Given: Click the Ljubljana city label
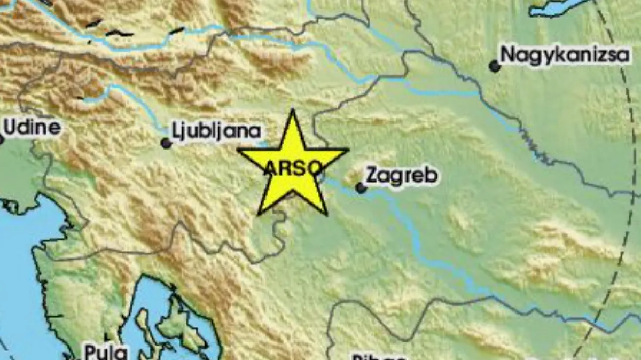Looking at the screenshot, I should [x=216, y=131].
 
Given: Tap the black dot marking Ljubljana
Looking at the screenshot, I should [x=166, y=143].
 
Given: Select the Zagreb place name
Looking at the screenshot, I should [x=402, y=175].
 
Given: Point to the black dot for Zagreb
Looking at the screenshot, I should [x=361, y=187].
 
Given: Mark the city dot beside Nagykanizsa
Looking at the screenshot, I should [x=495, y=66].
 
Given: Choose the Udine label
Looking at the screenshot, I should [x=32, y=127].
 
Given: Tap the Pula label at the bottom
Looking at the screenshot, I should [x=105, y=353].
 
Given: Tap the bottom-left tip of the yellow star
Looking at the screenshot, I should [x=259, y=214].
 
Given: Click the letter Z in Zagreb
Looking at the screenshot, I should [x=371, y=175].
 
